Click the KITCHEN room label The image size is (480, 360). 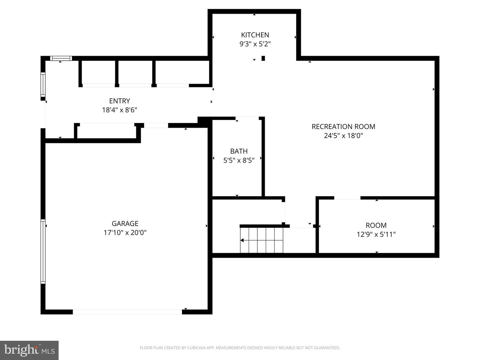[255, 35]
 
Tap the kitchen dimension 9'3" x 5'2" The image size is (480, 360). [255, 44]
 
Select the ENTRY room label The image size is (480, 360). [119, 101]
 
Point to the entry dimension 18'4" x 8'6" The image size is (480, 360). [119, 110]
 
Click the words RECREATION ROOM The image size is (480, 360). [343, 127]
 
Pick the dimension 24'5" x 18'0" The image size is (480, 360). [343, 136]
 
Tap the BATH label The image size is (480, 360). [239, 151]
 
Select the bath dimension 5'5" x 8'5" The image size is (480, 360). [239, 160]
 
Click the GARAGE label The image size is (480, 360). [125, 224]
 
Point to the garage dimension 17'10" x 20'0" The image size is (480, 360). [125, 233]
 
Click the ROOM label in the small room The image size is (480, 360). [376, 225]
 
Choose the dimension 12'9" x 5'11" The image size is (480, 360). [376, 234]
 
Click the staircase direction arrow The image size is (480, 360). [242, 240]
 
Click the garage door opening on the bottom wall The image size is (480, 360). [127, 312]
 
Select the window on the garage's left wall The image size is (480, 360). [43, 252]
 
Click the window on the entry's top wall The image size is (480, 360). [61, 58]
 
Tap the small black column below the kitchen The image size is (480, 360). [263, 58]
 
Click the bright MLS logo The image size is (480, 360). [29, 350]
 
